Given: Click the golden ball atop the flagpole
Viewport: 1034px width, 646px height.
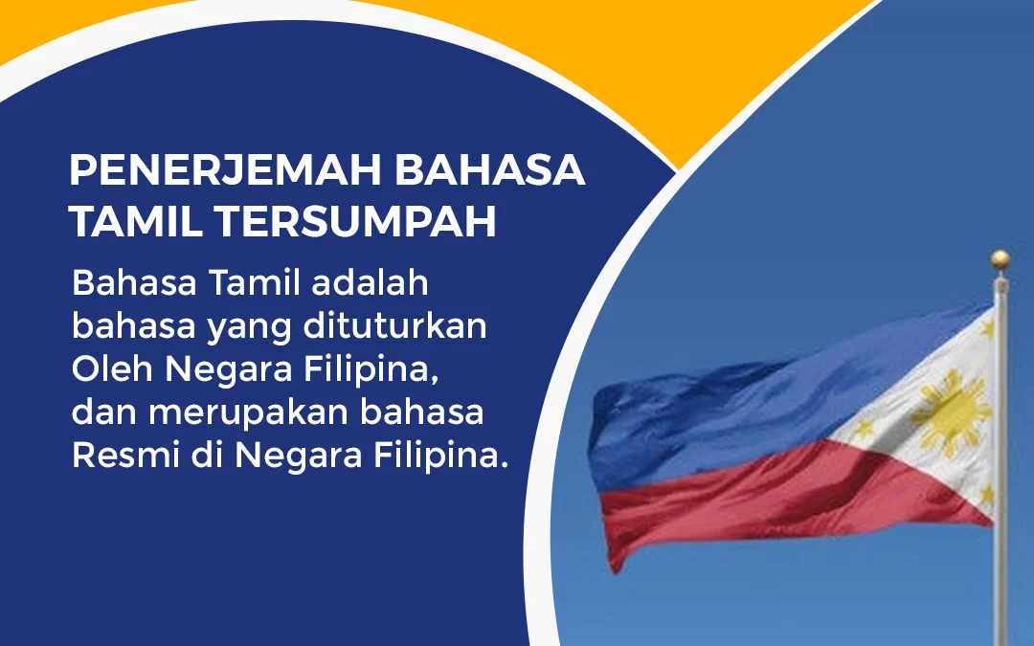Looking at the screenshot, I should pyautogui.click(x=1000, y=258).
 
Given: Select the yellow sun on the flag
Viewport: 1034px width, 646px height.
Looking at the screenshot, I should pyautogui.click(x=950, y=411).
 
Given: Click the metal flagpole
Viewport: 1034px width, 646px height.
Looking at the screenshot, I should pyautogui.click(x=1001, y=536).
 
